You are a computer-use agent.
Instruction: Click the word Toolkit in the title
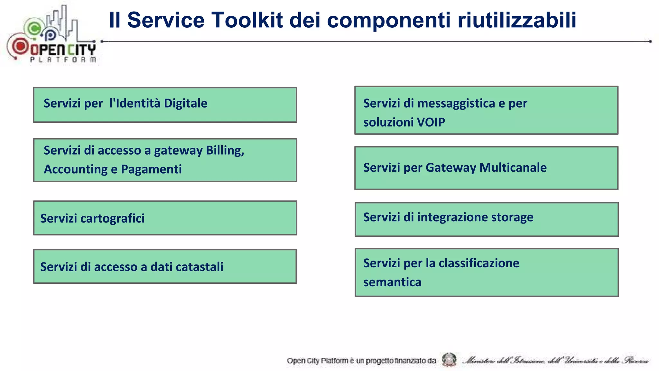[247, 20]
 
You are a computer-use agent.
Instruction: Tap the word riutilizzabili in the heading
[517, 20]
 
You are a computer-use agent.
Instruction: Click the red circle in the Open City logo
[20, 46]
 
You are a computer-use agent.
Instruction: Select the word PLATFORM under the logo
[63, 60]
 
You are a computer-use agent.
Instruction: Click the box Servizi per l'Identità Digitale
[165, 105]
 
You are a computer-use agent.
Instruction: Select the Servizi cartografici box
[165, 218]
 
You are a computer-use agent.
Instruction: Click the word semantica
[392, 282]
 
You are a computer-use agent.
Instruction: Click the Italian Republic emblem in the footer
[449, 360]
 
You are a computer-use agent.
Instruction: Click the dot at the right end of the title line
[650, 42]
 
